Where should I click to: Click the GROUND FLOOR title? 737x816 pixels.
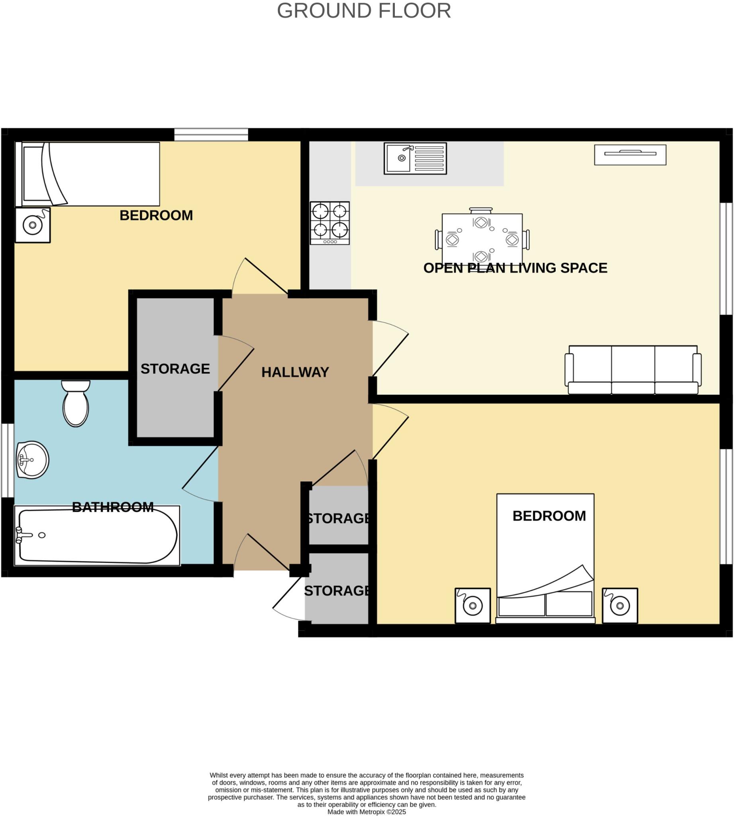(363, 11)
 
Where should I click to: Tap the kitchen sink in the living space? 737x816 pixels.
(415, 158)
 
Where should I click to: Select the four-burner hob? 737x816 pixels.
(329, 223)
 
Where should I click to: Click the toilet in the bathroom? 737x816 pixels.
(76, 404)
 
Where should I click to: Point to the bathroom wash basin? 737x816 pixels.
(32, 460)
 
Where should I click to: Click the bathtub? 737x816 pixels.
(97, 535)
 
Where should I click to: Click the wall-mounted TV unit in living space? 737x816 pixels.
(630, 155)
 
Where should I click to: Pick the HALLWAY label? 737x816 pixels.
(295, 373)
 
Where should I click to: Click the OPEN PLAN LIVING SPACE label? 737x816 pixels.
(515, 268)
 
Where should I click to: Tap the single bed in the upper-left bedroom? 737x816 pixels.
(87, 174)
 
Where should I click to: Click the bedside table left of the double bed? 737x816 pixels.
(472, 606)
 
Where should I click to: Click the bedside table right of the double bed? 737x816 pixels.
(619, 606)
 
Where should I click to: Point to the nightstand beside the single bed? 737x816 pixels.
(33, 225)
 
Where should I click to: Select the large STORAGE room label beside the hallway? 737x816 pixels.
(175, 369)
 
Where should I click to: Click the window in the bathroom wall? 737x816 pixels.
(7, 460)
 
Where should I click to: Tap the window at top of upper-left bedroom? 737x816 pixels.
(211, 134)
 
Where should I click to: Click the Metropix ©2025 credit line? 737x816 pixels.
(366, 812)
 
